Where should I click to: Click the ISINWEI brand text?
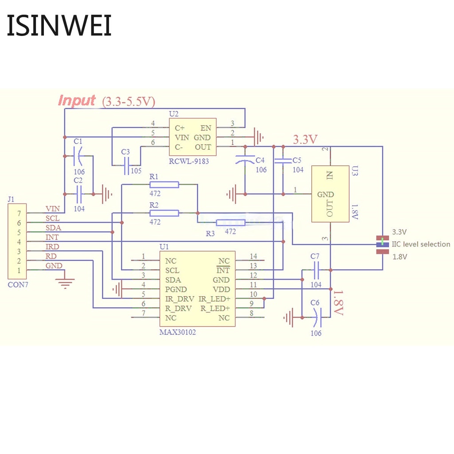pyautogui.click(x=59, y=26)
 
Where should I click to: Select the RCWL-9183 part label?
pyautogui.click(x=188, y=161)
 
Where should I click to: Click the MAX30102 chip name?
pyautogui.click(x=177, y=332)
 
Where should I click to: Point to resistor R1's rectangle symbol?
pyautogui.click(x=164, y=184)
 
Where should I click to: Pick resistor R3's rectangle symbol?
pyautogui.click(x=231, y=223)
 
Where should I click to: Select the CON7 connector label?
pyautogui.click(x=18, y=285)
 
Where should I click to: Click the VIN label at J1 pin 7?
pyautogui.click(x=52, y=208)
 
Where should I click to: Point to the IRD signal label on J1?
pyautogui.click(x=52, y=247)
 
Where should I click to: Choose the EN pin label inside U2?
pyautogui.click(x=206, y=128)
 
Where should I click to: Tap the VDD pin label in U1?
pyautogui.click(x=221, y=289)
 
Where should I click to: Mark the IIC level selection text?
pyautogui.click(x=421, y=244)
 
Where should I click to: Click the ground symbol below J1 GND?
pyautogui.click(x=66, y=282)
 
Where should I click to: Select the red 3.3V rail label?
pyautogui.click(x=305, y=140)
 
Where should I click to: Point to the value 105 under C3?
pyautogui.click(x=136, y=171)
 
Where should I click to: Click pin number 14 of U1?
pyautogui.click(x=253, y=256)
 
